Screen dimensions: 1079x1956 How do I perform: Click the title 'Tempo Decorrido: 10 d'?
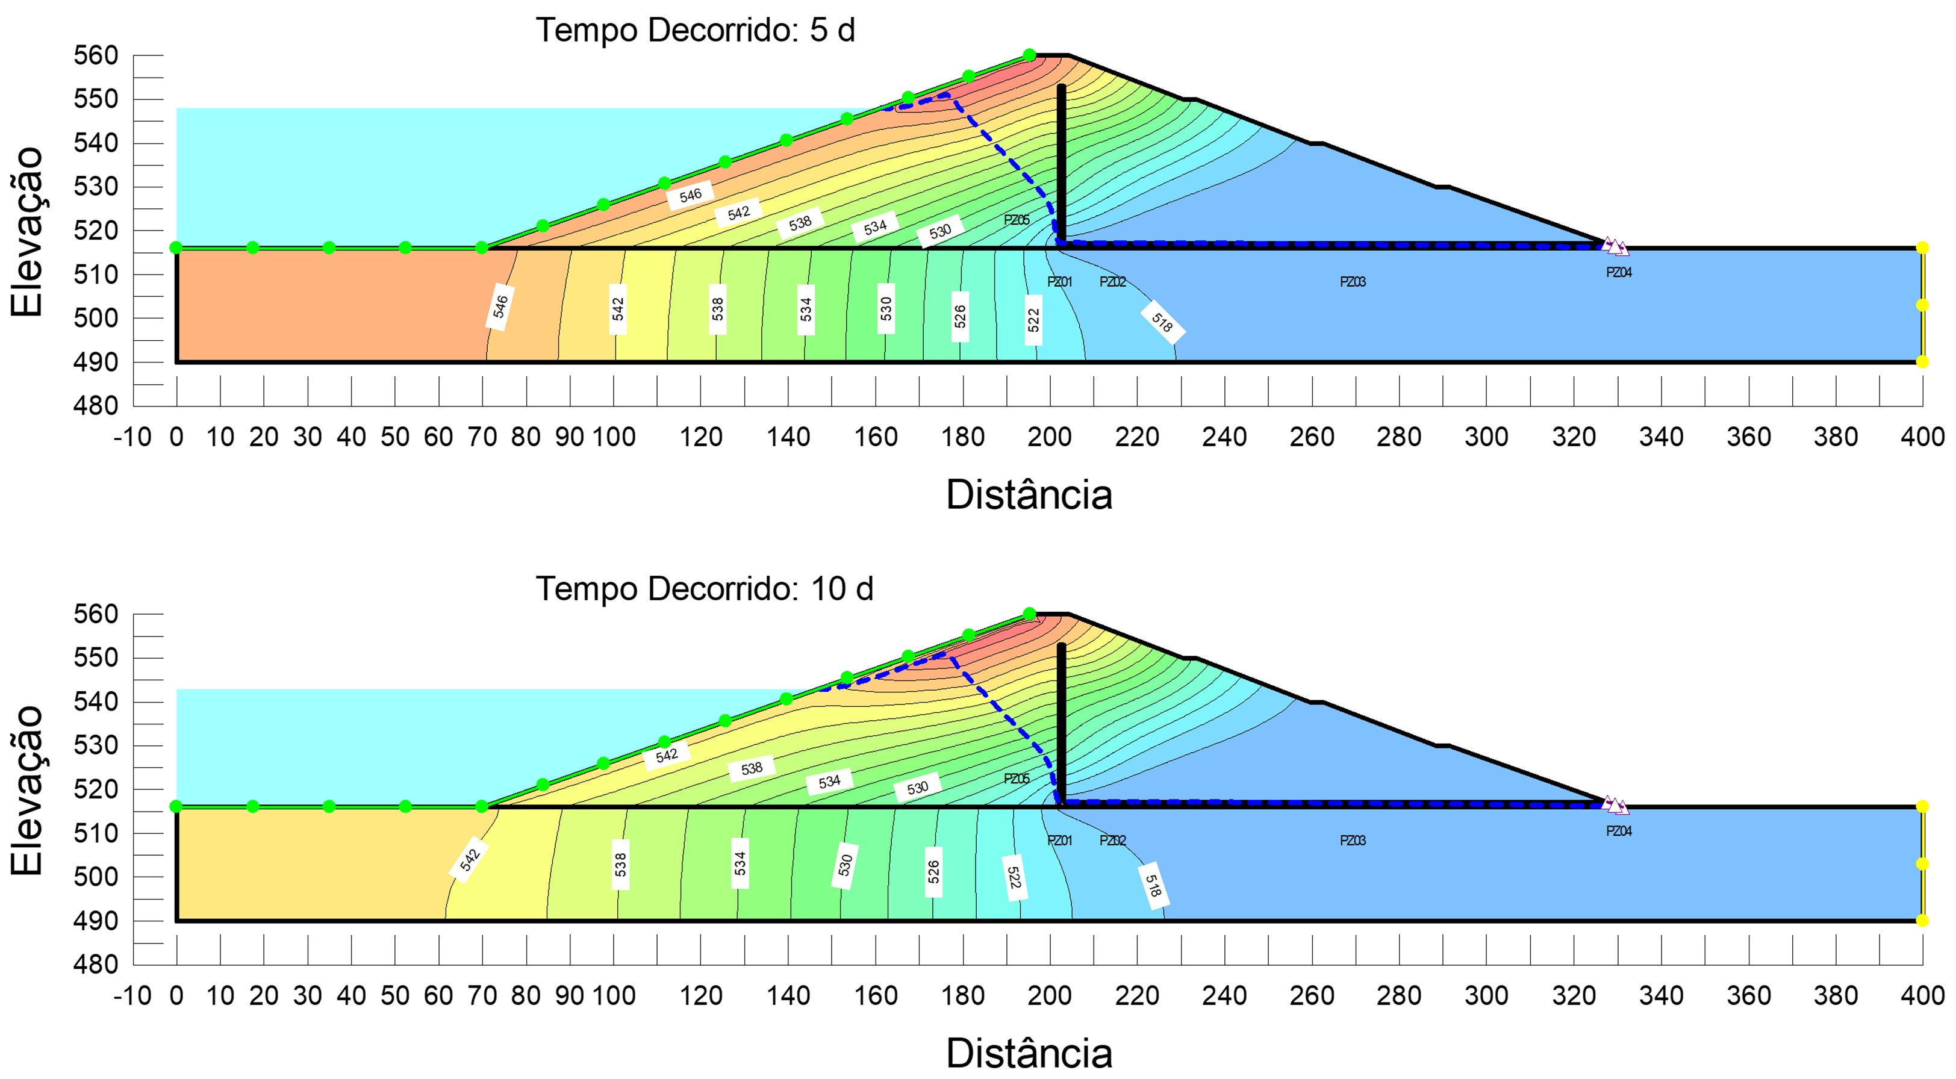704,589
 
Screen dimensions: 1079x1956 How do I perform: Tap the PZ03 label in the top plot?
1353,282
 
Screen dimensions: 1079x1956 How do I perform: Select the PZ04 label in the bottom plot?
1618,832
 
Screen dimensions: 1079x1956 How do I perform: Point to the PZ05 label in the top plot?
1016,220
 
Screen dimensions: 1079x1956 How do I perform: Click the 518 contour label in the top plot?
1162,323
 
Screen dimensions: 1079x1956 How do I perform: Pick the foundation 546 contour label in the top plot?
500,306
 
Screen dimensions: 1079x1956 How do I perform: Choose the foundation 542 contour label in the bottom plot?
469,860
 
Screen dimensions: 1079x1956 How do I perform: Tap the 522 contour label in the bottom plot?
1013,878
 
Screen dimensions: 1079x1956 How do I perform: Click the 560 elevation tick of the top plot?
96,55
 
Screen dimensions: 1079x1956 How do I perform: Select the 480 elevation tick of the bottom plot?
96,965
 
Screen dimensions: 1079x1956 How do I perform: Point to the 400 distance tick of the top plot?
1922,437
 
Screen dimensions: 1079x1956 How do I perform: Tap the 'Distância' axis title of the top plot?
1029,495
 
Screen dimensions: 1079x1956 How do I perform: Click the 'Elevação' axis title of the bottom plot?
27,790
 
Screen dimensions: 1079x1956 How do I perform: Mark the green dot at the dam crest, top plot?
1029,55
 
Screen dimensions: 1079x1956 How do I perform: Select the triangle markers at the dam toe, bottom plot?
1615,805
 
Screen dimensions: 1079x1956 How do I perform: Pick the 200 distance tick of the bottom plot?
1050,995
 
